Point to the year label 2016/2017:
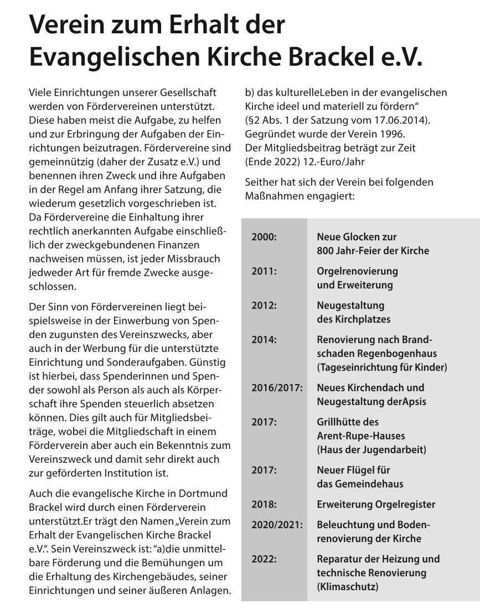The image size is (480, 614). coord(277,387)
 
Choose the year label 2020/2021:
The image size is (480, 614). coord(277,524)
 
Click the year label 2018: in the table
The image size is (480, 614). coord(264,504)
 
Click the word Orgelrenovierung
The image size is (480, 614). coord(357,271)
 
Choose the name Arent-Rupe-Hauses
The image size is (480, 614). coord(361,436)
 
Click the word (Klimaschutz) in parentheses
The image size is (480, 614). coord(348,586)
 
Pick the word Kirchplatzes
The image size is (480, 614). coord(361,319)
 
